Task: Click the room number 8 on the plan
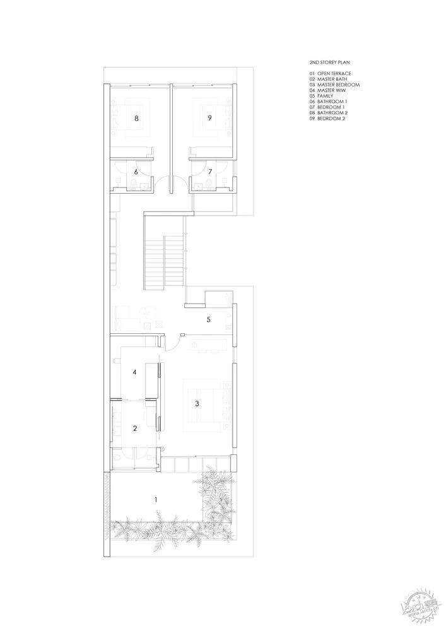pyautogui.click(x=137, y=119)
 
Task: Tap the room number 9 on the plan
pyautogui.click(x=209, y=118)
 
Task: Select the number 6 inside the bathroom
pyautogui.click(x=136, y=172)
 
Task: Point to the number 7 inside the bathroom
pyautogui.click(x=210, y=172)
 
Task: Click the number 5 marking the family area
pyautogui.click(x=208, y=319)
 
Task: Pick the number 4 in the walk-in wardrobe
pyautogui.click(x=135, y=372)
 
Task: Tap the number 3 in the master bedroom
pyautogui.click(x=197, y=404)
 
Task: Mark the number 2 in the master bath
pyautogui.click(x=135, y=428)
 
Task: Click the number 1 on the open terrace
pyautogui.click(x=156, y=500)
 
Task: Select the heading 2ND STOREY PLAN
pyautogui.click(x=329, y=62)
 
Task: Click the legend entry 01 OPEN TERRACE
pyautogui.click(x=330, y=74)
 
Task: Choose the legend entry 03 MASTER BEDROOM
pyautogui.click(x=334, y=85)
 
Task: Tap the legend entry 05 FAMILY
pyautogui.click(x=321, y=96)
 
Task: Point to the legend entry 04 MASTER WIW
pyautogui.click(x=327, y=90)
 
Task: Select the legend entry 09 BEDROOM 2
pyautogui.click(x=327, y=119)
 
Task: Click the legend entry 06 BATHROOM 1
pyautogui.click(x=328, y=102)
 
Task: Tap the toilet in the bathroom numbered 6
pyautogui.click(x=133, y=184)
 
